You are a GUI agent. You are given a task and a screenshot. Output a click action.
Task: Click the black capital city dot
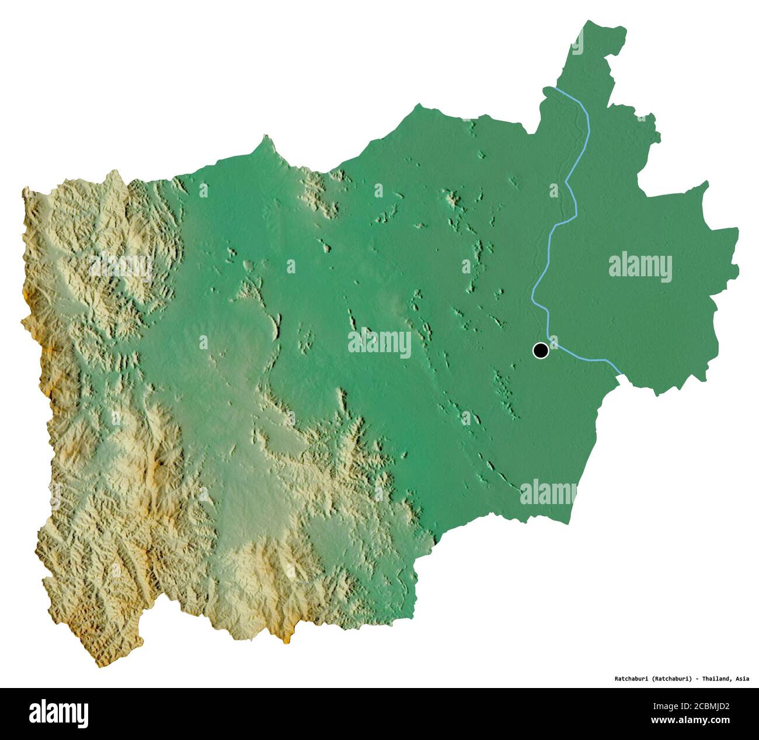(x=541, y=350)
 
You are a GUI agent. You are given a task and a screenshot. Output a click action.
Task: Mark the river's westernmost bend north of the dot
(x=532, y=298)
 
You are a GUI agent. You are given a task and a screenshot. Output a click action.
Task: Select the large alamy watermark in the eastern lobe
(x=640, y=267)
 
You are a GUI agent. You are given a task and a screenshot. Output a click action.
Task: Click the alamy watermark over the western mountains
(x=120, y=267)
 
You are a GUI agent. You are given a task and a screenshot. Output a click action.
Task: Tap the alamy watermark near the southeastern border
(x=548, y=492)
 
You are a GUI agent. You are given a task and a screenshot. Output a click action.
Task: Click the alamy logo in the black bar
(x=59, y=713)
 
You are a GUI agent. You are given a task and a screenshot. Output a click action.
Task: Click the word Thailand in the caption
(x=716, y=679)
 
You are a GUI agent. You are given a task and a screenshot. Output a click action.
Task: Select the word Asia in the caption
(x=742, y=679)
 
